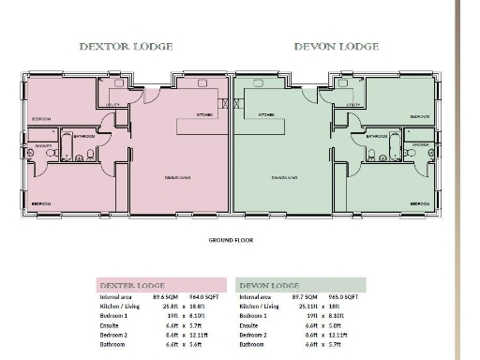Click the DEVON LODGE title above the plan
pos(336,46)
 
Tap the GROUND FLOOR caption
pos(231,239)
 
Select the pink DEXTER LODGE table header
pos(132,285)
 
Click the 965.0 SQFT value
pos(345,297)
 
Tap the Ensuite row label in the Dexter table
pos(111,325)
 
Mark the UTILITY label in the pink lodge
pos(113,105)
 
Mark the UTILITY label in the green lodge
pos(353,105)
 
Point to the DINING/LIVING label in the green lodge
pos(285,176)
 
